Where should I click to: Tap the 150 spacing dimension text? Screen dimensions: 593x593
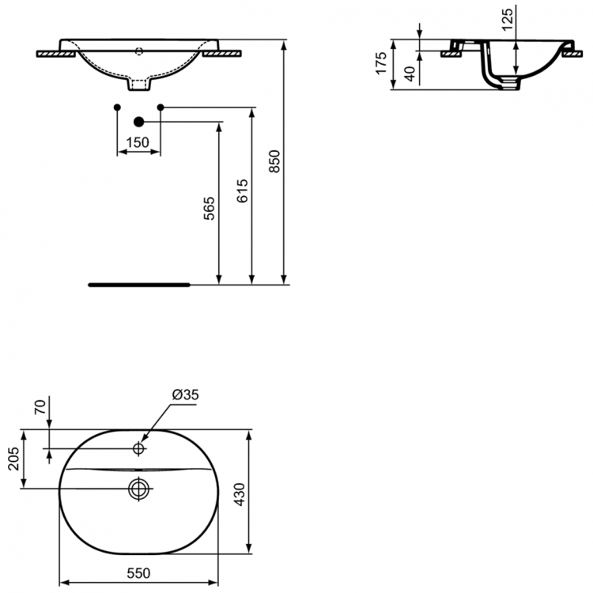[138, 142]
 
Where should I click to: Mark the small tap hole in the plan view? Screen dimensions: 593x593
[138, 449]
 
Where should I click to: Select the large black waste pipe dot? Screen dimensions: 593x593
[139, 121]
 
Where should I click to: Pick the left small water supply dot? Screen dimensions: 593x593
[117, 106]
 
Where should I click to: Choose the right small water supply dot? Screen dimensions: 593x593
[161, 106]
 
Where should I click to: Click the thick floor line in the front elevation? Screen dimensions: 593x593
[138, 281]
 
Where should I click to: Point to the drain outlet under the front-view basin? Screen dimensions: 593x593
[138, 81]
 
